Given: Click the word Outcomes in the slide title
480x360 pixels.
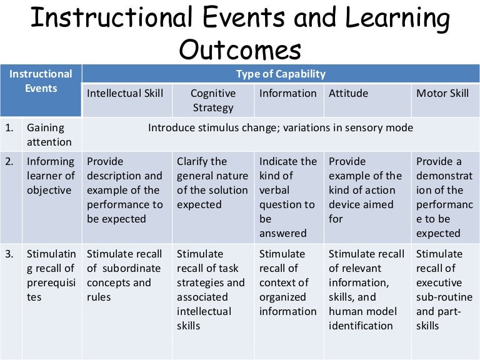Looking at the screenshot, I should point(240,48).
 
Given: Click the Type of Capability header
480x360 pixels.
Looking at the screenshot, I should point(281,74).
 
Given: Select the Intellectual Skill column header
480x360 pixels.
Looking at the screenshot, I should point(125,93).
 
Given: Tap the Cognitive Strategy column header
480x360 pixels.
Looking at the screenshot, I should point(213,100).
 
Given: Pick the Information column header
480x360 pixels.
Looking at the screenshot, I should point(288,93).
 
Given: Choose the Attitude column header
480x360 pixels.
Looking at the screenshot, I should point(348,93).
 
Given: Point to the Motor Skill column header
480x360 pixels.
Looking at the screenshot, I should point(442,93).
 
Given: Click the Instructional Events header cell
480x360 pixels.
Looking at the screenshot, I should point(41,81).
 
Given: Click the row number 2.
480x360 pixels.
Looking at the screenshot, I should point(10,161).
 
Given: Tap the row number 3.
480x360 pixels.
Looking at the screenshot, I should point(10,254).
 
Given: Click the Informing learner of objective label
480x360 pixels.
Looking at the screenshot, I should point(51,176).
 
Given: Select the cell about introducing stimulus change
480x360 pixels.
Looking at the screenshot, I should point(281,127).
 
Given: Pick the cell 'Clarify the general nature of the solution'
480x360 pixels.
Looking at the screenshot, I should point(212,182).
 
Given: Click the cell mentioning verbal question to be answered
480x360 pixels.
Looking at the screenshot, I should point(288,197).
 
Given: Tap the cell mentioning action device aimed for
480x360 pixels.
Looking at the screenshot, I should point(366,190).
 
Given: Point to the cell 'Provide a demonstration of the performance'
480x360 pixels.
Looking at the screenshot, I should point(440,197).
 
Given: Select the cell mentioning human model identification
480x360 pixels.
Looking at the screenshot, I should point(366,289).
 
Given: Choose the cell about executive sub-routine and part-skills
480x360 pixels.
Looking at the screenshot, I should point(440,289).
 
